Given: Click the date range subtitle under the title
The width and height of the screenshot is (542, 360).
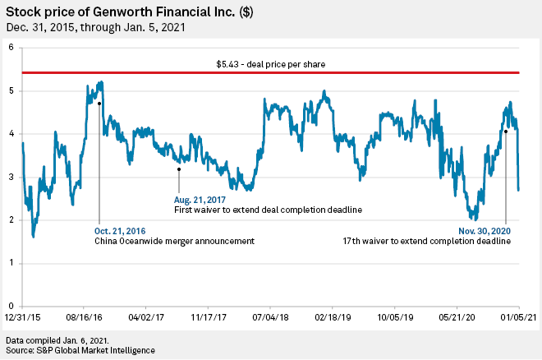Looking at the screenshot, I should click(x=95, y=26).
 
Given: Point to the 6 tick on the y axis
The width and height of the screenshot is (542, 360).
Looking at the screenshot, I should click(x=11, y=48).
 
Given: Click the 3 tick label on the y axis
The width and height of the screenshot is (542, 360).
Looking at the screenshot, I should click(x=11, y=177).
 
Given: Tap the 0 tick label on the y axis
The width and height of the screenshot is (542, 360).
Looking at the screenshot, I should click(x=11, y=306).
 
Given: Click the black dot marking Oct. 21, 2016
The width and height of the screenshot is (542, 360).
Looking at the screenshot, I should click(x=99, y=104).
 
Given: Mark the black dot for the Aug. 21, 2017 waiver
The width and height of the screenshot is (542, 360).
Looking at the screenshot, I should click(x=178, y=169).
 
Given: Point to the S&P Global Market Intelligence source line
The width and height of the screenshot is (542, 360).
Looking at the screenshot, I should click(x=80, y=351).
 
